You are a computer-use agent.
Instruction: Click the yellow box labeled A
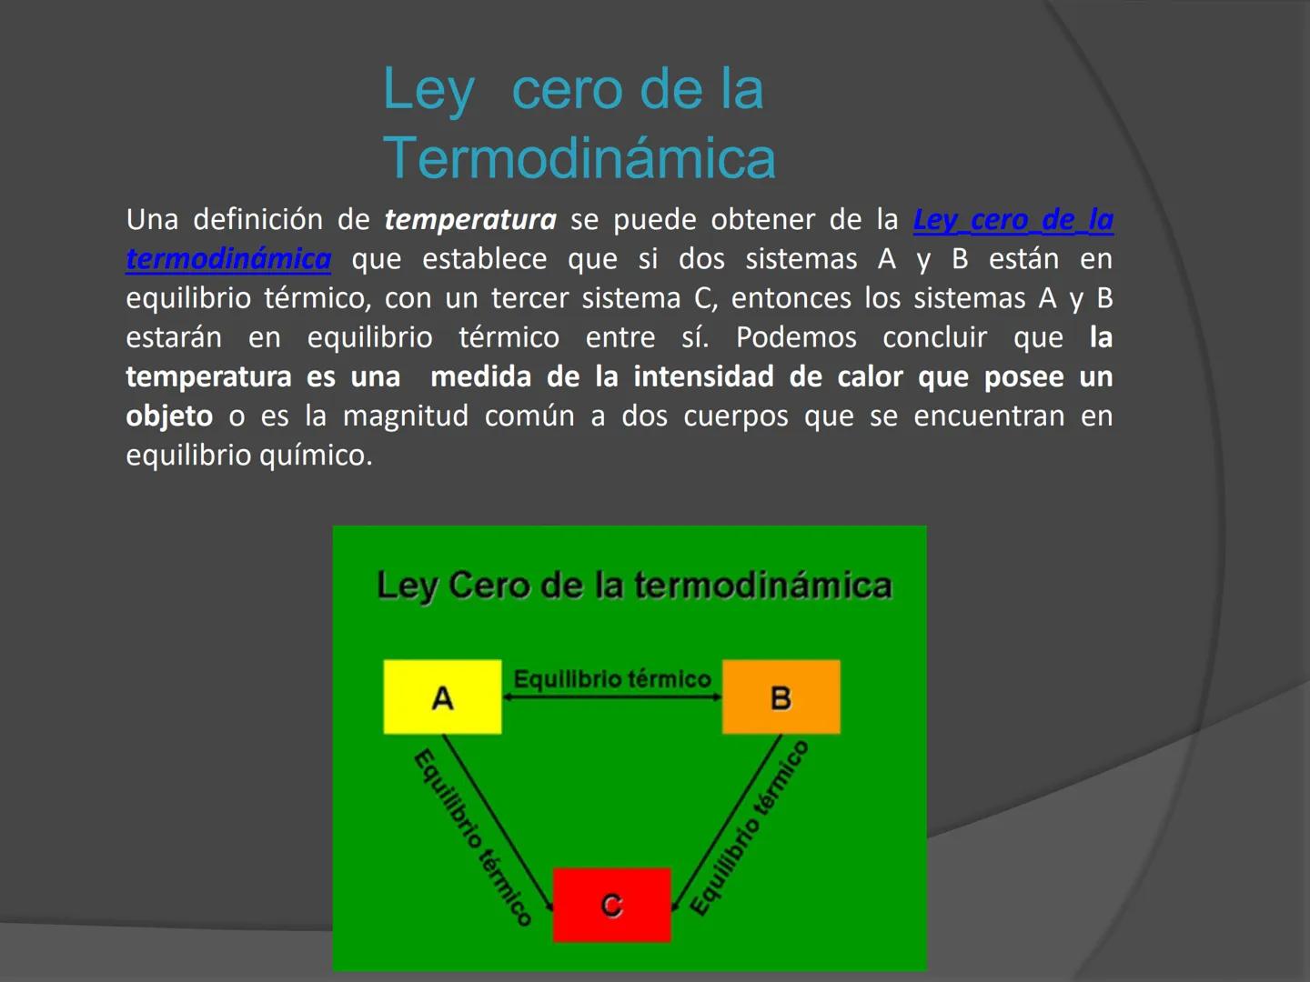click(x=442, y=696)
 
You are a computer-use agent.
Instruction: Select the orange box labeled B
click(x=781, y=696)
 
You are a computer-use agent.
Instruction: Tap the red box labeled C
click(x=611, y=905)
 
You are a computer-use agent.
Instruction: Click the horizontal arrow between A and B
click(x=611, y=697)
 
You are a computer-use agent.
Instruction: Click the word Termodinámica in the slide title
click(x=579, y=158)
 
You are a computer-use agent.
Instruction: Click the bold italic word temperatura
click(x=469, y=220)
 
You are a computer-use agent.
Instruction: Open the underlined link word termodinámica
click(x=228, y=259)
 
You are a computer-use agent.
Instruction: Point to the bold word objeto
click(x=169, y=416)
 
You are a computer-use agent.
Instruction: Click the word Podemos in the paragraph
click(x=796, y=337)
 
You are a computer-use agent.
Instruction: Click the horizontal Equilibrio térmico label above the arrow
click(x=611, y=679)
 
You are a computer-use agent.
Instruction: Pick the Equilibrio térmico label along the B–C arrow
click(x=749, y=827)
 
